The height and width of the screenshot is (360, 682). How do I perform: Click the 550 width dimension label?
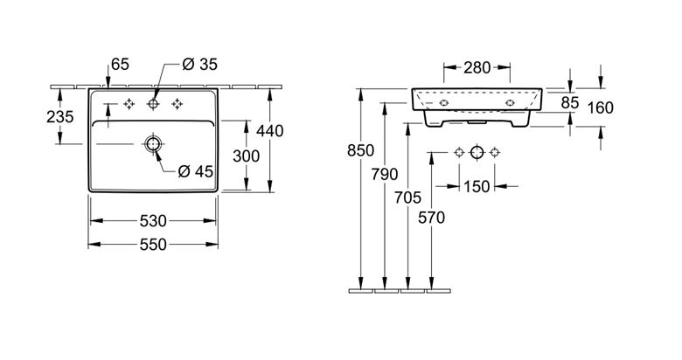(153, 245)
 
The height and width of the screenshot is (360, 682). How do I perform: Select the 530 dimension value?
(153, 221)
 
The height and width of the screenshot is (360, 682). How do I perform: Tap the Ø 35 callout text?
(199, 65)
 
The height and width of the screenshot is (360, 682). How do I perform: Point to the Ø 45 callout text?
(195, 172)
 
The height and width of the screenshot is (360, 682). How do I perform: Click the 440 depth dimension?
(269, 131)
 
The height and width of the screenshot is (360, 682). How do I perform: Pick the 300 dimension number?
(247, 156)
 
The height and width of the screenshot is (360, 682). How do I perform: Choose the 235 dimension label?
(60, 116)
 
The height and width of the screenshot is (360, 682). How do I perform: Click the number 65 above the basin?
(120, 65)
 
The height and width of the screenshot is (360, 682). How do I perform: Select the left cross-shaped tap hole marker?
(129, 104)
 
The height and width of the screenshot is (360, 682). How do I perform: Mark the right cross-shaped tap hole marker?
(177, 104)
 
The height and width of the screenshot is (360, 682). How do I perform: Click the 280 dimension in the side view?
(477, 67)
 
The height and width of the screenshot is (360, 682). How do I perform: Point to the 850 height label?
(360, 150)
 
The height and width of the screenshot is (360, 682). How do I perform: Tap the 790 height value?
(385, 175)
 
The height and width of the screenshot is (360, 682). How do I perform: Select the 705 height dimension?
(408, 197)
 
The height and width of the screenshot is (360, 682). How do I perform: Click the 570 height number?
(431, 218)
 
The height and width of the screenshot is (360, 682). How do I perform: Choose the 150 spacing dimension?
(477, 187)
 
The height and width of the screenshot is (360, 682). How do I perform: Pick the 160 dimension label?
(600, 107)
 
